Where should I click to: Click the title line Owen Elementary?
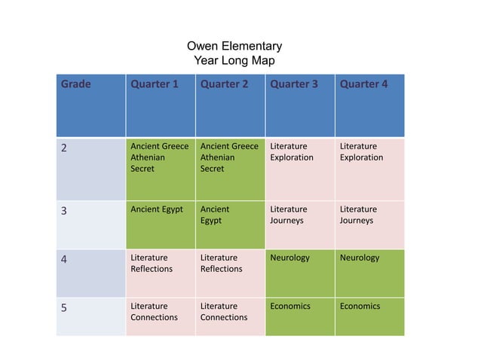(x=234, y=47)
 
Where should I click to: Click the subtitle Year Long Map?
(x=234, y=61)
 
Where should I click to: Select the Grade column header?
(x=75, y=84)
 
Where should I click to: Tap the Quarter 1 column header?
(x=155, y=84)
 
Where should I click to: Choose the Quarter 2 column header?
(x=224, y=84)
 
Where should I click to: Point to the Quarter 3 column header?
(x=294, y=84)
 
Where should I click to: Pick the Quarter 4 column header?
(x=363, y=84)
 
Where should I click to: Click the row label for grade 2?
(x=65, y=148)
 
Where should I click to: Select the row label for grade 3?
(x=65, y=211)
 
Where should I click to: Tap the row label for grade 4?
(x=65, y=259)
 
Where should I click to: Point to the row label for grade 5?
(x=65, y=307)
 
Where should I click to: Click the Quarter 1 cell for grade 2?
(x=160, y=157)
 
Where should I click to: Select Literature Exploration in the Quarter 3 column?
(x=292, y=152)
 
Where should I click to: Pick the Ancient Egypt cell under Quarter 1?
(x=157, y=209)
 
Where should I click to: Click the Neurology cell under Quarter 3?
(x=290, y=258)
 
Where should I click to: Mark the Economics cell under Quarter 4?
(x=360, y=306)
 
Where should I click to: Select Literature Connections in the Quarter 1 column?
(x=155, y=312)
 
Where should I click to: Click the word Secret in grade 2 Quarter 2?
(x=212, y=169)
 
